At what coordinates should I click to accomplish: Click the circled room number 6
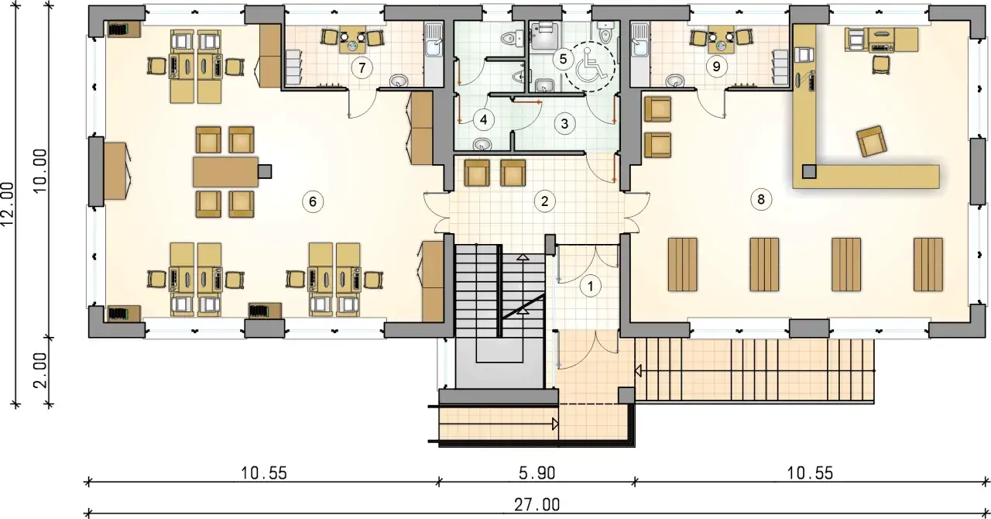click(313, 201)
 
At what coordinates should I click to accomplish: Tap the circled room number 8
click(761, 199)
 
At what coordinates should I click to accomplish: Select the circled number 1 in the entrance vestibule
click(590, 286)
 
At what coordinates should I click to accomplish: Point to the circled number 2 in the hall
click(544, 201)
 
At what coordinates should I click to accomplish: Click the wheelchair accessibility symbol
click(587, 67)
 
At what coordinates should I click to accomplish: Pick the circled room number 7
click(362, 67)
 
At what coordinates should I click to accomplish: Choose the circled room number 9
click(716, 67)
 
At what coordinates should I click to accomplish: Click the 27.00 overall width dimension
click(537, 504)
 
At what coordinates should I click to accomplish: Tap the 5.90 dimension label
click(537, 473)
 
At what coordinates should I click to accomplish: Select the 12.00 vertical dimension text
click(8, 205)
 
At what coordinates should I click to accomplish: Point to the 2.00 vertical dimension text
click(41, 370)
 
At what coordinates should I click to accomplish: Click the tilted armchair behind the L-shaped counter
click(872, 141)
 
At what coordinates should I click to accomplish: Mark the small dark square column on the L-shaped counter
click(809, 171)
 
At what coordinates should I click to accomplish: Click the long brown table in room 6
click(226, 171)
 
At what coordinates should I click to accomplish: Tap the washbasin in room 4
click(482, 144)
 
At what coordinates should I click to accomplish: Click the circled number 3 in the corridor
click(564, 123)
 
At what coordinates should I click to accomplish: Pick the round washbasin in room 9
click(675, 81)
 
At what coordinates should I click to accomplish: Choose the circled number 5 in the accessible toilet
click(563, 59)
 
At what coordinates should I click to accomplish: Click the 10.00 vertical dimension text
click(41, 170)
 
